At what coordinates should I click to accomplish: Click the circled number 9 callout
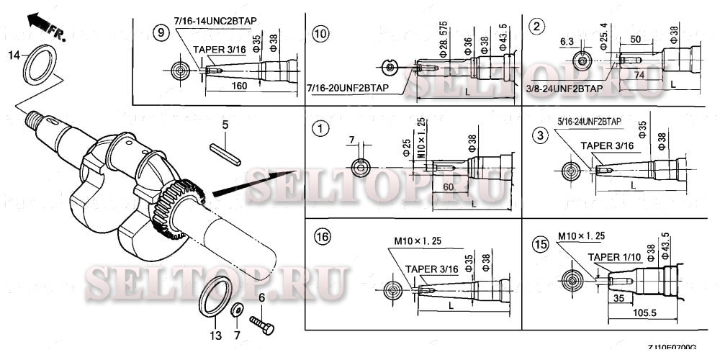(162, 32)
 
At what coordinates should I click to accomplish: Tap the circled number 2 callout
(536, 27)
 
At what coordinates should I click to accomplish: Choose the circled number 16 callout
(320, 236)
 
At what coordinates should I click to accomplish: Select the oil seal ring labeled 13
(214, 299)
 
